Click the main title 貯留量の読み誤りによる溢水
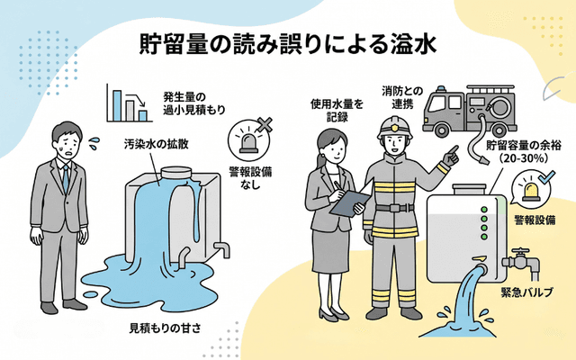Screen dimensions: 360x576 tap(288, 45)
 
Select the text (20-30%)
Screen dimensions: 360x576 tap(511, 159)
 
